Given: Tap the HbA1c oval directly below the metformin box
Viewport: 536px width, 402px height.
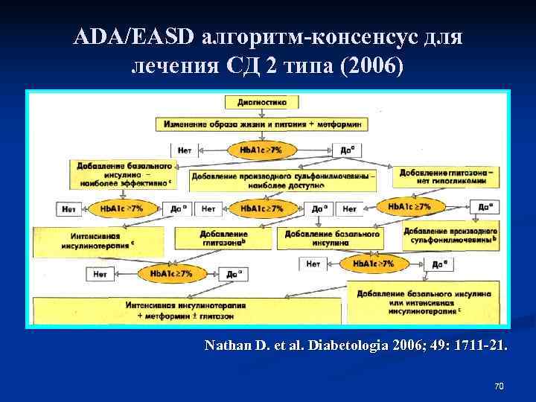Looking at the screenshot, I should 261,149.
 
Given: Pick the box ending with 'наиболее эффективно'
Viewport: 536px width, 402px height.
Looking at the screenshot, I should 122,173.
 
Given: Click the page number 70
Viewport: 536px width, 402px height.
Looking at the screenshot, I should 499,386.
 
